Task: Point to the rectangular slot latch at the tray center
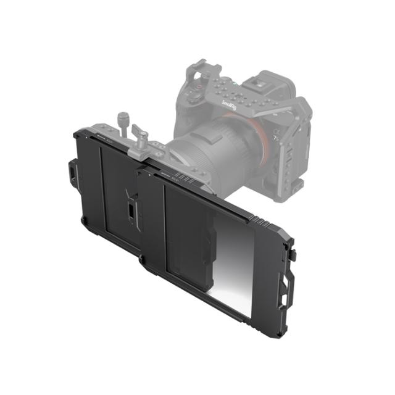pyautogui.click(x=131, y=209)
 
